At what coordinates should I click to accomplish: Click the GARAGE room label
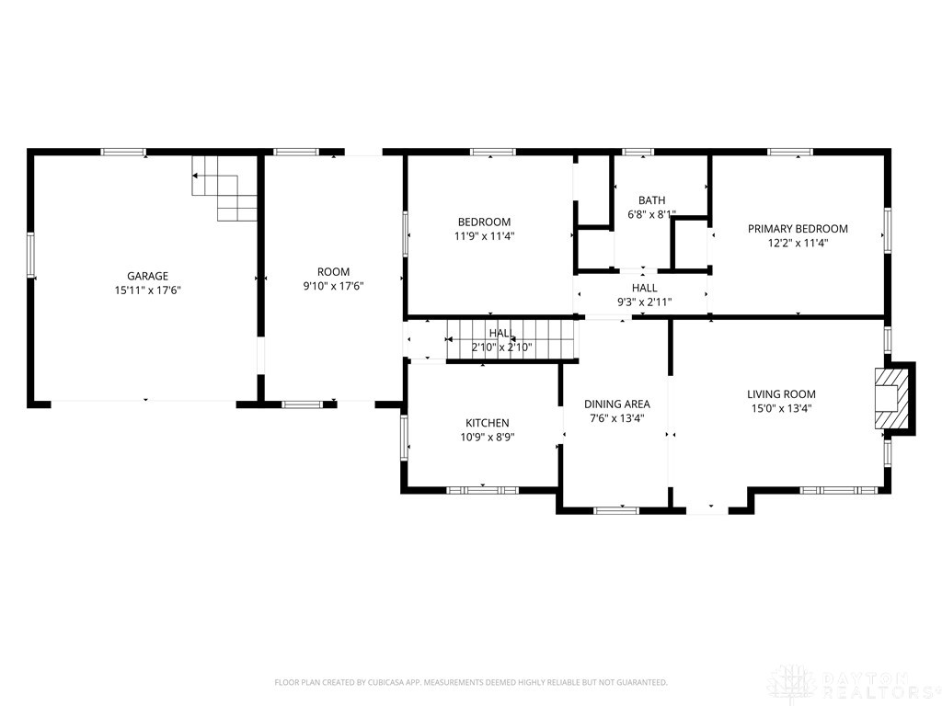click(x=147, y=276)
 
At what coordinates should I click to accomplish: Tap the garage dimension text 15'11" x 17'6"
click(x=147, y=290)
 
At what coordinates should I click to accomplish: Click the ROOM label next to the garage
click(x=333, y=271)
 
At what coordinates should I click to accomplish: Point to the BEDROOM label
click(x=484, y=222)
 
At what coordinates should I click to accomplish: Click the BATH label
click(x=651, y=200)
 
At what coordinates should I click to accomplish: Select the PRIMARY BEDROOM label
click(x=798, y=229)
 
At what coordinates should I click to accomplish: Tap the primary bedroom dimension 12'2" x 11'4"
click(x=798, y=243)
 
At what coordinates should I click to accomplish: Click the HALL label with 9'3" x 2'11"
click(x=644, y=288)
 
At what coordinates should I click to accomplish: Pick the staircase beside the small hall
click(x=511, y=339)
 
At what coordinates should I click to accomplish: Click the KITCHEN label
click(x=487, y=423)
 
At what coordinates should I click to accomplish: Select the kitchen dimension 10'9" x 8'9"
click(x=487, y=437)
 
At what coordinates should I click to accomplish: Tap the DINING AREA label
click(x=617, y=404)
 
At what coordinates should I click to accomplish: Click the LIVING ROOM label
click(x=781, y=394)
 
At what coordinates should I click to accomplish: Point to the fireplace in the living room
click(x=892, y=397)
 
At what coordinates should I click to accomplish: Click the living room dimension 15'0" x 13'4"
click(x=781, y=408)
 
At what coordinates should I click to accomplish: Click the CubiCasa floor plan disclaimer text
click(x=471, y=682)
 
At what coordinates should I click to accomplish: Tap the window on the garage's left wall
click(x=30, y=255)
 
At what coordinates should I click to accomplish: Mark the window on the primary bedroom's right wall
click(x=888, y=229)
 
